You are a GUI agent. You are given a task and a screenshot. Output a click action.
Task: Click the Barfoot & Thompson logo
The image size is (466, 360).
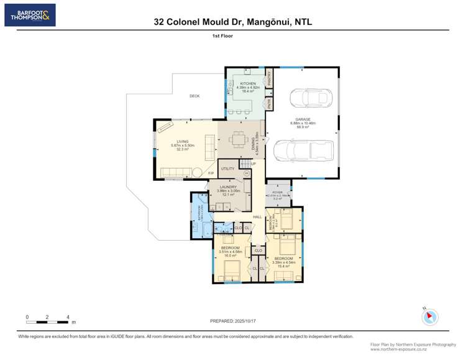tap(30, 15)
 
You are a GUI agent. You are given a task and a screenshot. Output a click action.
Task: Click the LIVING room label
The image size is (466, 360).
tap(182, 142)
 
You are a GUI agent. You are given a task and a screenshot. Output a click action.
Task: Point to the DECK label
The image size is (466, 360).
tap(194, 96)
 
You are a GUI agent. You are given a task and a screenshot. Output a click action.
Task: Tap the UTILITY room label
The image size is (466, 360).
tap(227, 168)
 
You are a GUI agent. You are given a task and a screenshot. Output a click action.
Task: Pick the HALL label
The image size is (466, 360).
tap(257, 216)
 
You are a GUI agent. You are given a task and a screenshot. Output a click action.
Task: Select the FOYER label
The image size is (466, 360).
tap(277, 194)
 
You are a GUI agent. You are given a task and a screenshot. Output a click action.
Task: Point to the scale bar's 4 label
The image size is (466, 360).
tap(68, 317)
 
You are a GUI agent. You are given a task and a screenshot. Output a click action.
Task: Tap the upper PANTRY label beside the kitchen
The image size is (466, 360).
tap(270, 77)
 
